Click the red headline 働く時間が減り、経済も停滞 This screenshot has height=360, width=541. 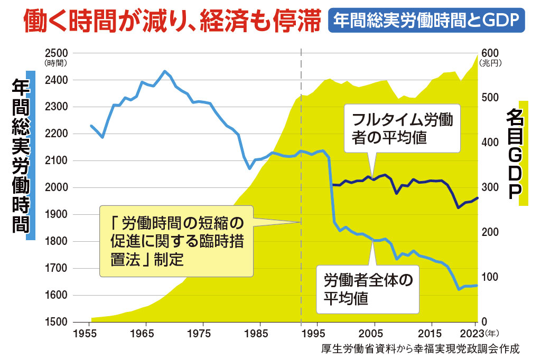172,21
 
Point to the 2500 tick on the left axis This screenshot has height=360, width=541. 57,53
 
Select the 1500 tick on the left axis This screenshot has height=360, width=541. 57,322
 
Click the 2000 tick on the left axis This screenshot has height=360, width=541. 57,188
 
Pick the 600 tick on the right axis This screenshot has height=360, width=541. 489,53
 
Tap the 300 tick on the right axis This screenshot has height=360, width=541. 489,188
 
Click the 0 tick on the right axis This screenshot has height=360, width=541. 483,322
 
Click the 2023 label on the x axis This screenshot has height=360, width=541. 472,334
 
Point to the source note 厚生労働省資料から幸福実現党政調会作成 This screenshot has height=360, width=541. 420,349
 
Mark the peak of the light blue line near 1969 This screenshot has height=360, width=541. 165,71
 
